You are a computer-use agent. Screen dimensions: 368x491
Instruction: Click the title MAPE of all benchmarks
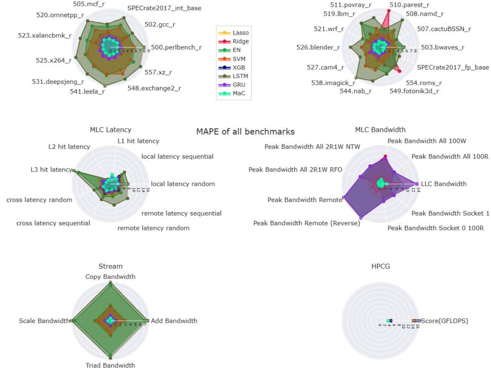(x=245, y=131)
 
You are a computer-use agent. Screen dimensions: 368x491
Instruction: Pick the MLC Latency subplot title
(x=110, y=129)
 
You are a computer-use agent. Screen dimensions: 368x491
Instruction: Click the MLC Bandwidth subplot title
(x=380, y=129)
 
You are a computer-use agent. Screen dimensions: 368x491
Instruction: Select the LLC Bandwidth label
(x=444, y=184)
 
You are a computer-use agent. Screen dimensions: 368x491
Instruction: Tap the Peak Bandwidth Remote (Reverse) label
(x=306, y=223)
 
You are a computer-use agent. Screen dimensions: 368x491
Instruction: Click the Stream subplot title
(x=110, y=266)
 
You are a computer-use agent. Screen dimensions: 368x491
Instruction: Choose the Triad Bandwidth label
(x=110, y=365)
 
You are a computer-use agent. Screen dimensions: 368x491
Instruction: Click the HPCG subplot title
(x=380, y=266)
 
